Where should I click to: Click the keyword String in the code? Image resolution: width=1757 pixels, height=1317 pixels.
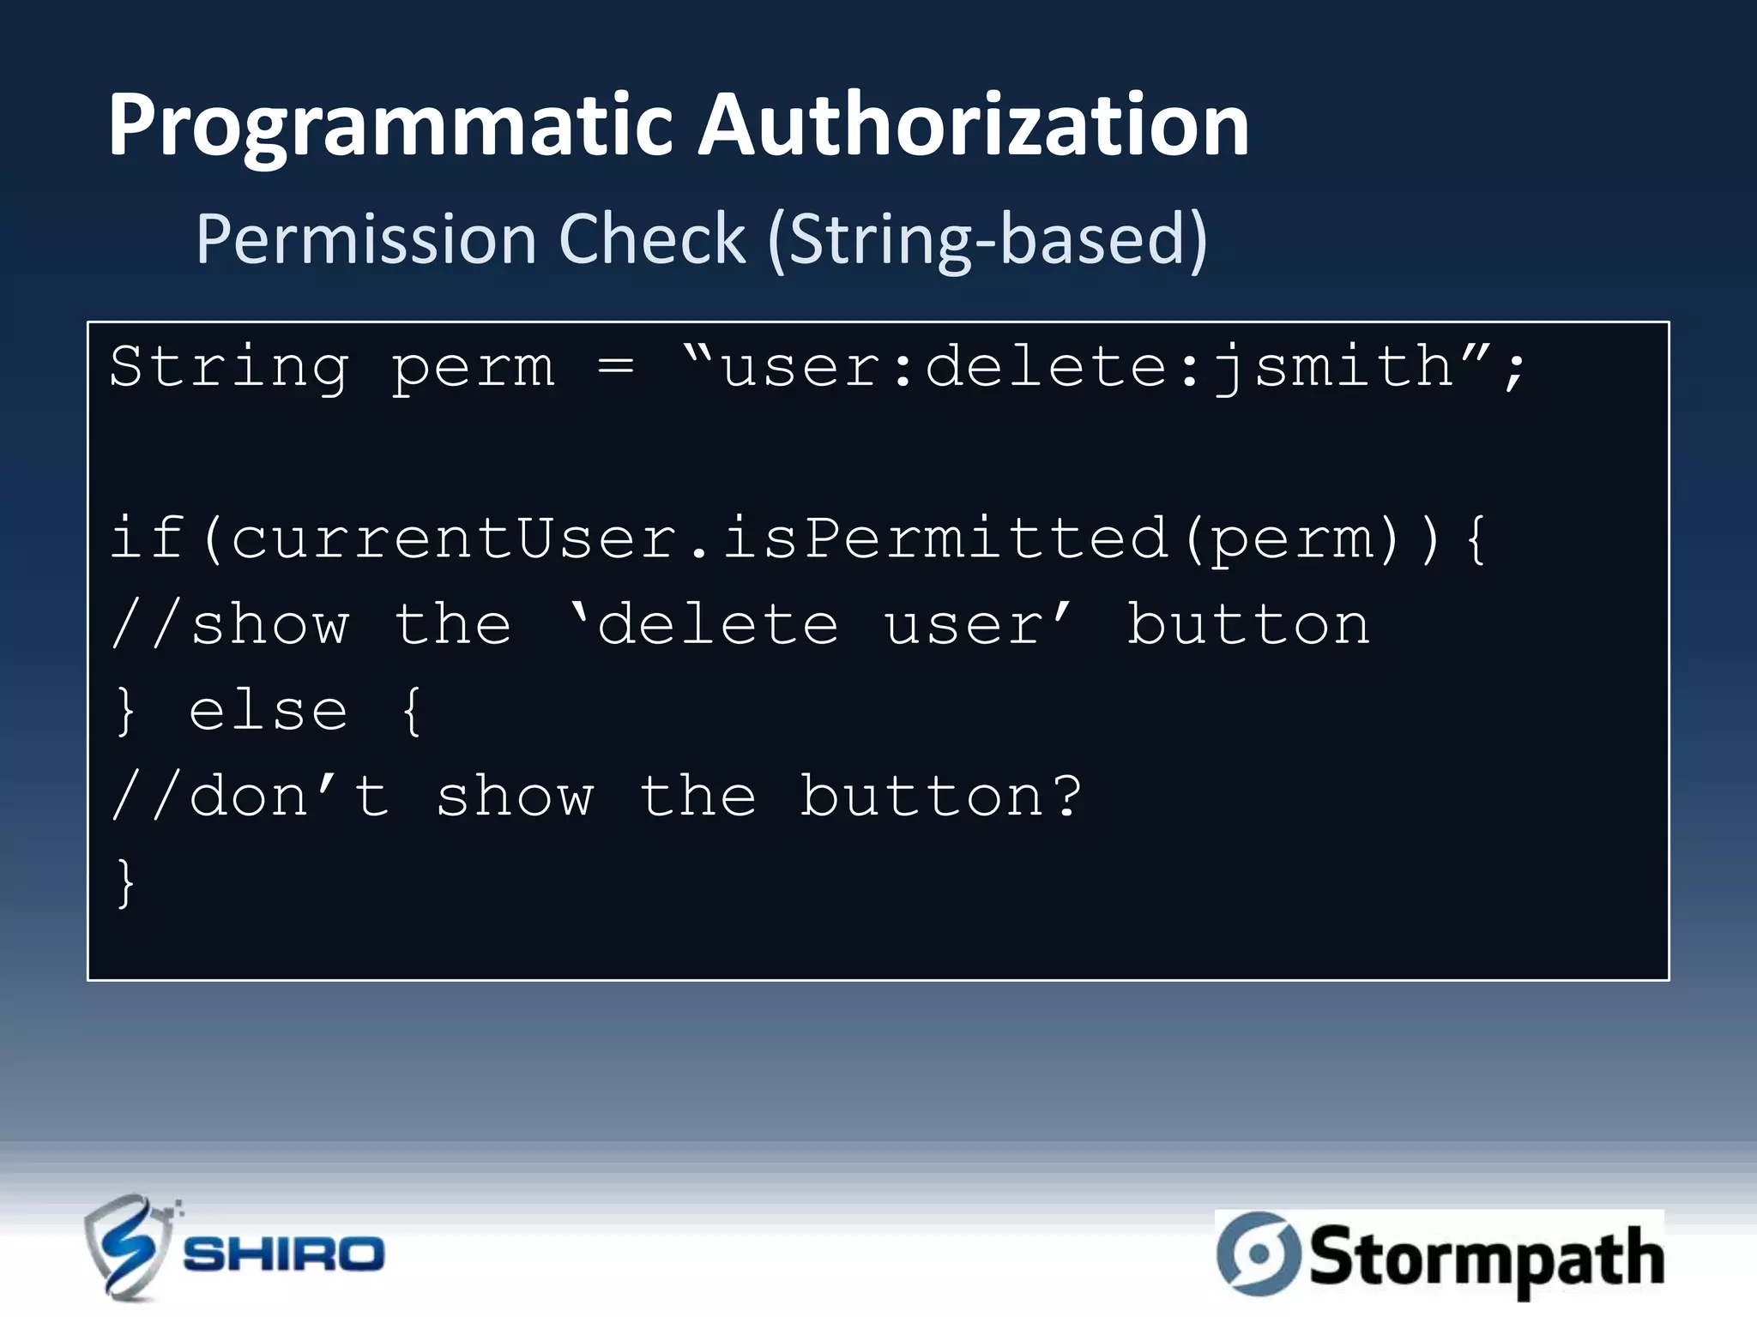point(229,367)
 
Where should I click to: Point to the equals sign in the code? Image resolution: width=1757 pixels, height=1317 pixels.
point(616,367)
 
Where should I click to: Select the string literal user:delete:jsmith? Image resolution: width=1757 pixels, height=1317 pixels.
point(1088,367)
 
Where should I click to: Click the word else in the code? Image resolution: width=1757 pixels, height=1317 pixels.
point(268,711)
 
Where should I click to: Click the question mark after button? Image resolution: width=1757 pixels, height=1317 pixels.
point(1067,797)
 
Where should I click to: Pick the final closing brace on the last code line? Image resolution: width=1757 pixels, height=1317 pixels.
point(125,882)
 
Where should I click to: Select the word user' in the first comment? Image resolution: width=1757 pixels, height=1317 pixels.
point(978,624)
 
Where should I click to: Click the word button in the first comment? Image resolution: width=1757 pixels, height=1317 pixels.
point(1248,624)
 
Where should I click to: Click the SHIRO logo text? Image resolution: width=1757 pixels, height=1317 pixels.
point(284,1254)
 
